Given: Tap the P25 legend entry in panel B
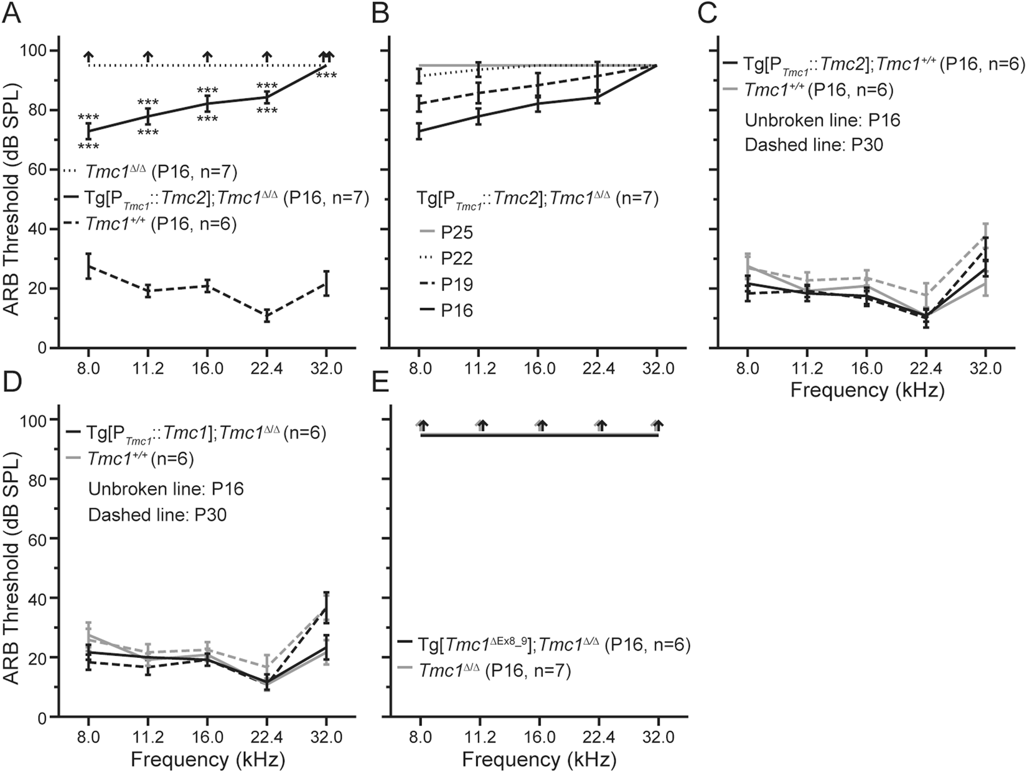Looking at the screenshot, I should click(x=457, y=233).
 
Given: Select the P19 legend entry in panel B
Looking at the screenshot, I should click(x=457, y=284).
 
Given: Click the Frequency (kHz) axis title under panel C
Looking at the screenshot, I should click(x=867, y=391).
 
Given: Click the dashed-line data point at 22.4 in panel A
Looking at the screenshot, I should click(x=266, y=316).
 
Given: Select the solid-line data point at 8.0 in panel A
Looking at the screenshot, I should click(x=88, y=131).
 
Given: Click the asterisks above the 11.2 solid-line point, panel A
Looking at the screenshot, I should click(x=148, y=102).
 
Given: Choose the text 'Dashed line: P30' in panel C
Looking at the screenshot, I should click(x=814, y=145).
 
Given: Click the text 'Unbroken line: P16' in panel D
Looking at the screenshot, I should click(x=166, y=489).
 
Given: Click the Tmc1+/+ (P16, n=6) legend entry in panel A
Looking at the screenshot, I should click(x=162, y=224).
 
